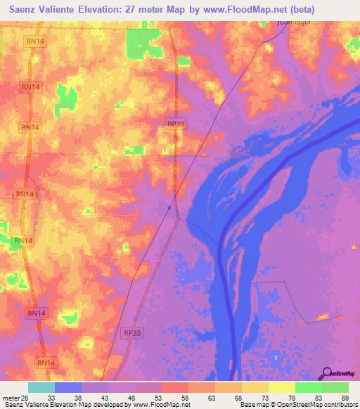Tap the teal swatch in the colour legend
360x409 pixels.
tap(41, 388)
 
